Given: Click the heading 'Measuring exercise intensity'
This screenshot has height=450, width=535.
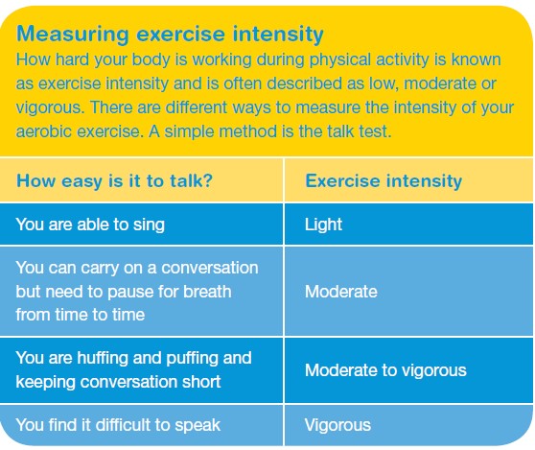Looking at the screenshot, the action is tap(170, 35).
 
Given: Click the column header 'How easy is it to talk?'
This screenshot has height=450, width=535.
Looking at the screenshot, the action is tap(115, 181).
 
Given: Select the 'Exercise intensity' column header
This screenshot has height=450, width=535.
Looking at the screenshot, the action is tap(384, 181).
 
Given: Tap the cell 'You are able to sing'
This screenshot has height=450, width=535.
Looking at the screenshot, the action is tap(90, 225).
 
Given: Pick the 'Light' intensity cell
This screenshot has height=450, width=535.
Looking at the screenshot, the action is tap(323, 225).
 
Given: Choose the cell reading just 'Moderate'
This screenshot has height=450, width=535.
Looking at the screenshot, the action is tap(341, 292).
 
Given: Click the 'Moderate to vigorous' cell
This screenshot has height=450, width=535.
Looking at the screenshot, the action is tap(385, 370).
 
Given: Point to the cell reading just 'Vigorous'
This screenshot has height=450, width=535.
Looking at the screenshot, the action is tap(337, 425).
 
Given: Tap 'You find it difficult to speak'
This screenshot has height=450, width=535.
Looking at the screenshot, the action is tap(118, 425).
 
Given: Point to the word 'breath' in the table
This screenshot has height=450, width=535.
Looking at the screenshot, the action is tap(207, 292).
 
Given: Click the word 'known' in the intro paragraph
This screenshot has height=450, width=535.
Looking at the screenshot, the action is tap(476, 59).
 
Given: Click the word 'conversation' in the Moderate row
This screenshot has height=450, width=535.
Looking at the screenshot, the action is tap(210, 268).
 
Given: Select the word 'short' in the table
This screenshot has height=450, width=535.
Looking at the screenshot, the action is tap(201, 382).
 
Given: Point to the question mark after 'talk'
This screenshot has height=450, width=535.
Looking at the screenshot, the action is tap(208, 180).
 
